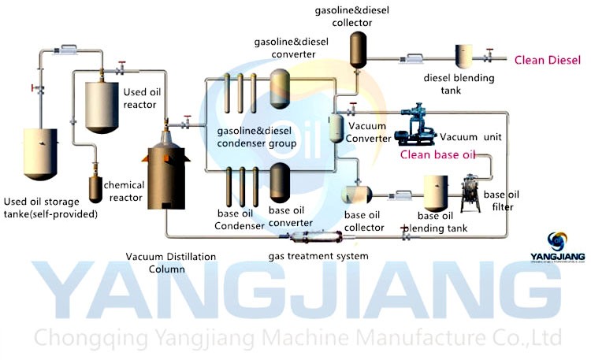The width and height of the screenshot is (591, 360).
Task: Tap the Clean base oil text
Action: (438, 154)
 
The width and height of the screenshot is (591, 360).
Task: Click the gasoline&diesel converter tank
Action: (280, 83)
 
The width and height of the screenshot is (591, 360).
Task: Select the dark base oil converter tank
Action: (280, 184)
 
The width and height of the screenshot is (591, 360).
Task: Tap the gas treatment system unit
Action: (312, 236)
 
